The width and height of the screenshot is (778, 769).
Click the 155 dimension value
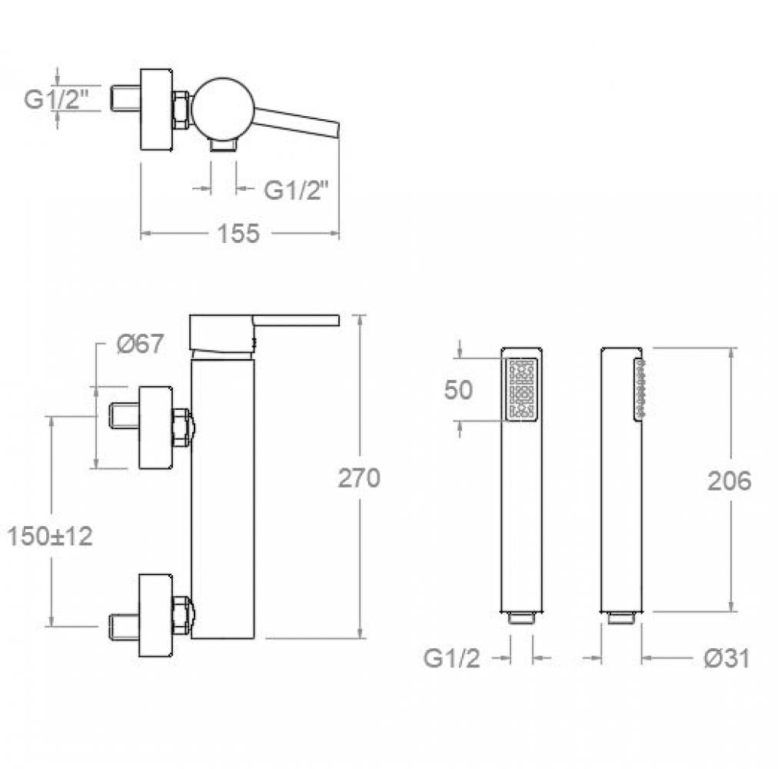(x=238, y=233)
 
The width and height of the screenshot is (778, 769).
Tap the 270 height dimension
(x=359, y=478)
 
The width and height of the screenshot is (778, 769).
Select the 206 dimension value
(x=729, y=481)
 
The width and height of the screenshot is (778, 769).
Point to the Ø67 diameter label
(x=140, y=344)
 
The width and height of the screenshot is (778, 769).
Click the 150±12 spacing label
(x=50, y=537)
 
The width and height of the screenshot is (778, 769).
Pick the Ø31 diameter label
(x=726, y=659)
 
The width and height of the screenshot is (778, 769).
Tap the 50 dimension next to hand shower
(x=458, y=390)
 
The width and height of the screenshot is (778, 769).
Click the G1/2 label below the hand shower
(x=451, y=659)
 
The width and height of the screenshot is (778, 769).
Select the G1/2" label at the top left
(x=56, y=99)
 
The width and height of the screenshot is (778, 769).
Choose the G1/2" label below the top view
(x=296, y=189)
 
